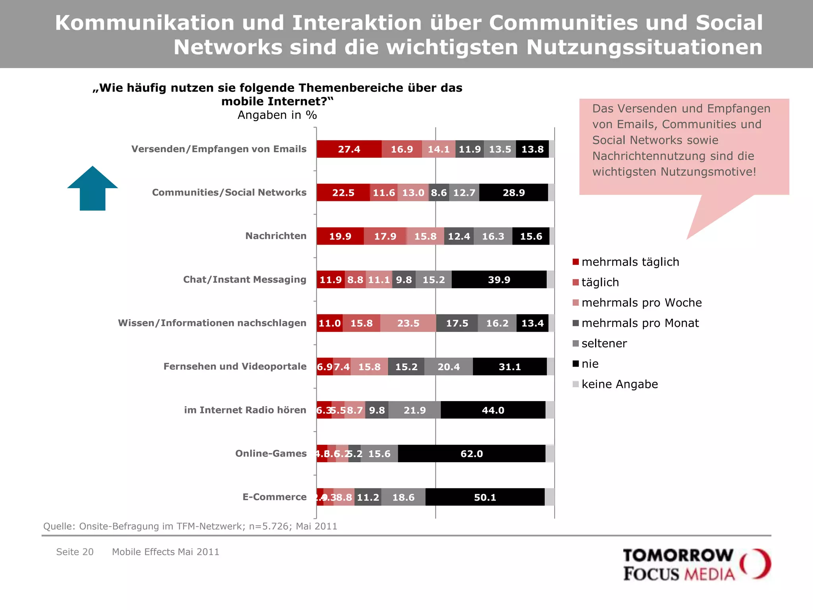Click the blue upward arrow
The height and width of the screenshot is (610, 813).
pos(92,189)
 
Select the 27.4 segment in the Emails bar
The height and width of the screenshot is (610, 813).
pos(349,149)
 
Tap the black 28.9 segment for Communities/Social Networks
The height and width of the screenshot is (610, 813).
pos(513,193)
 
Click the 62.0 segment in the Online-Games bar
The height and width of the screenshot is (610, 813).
pos(472,454)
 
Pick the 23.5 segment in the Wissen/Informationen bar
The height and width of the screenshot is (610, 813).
pos(408,323)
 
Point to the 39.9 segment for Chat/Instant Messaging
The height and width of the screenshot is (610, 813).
pos(499,280)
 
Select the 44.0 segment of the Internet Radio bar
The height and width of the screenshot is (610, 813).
pos(493,410)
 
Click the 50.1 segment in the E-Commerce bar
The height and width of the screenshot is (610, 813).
pos(485,497)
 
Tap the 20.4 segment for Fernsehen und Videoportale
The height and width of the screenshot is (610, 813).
pos(449,367)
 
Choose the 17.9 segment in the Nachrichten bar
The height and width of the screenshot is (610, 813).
pos(385,236)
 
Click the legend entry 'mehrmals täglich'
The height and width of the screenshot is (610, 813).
pos(630,262)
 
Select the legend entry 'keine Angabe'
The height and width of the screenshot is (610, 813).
pos(619,384)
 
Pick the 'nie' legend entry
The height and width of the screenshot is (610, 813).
pos(590,364)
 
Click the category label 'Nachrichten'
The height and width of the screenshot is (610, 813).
pos(275,236)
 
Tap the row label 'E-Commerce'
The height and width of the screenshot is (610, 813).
pos(274,497)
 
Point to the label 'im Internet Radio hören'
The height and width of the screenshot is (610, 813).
pos(245,410)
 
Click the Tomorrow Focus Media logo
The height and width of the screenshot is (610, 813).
pos(696,564)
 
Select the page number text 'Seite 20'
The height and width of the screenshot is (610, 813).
pos(75,552)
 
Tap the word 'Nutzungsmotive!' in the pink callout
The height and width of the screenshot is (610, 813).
pos(708,172)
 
